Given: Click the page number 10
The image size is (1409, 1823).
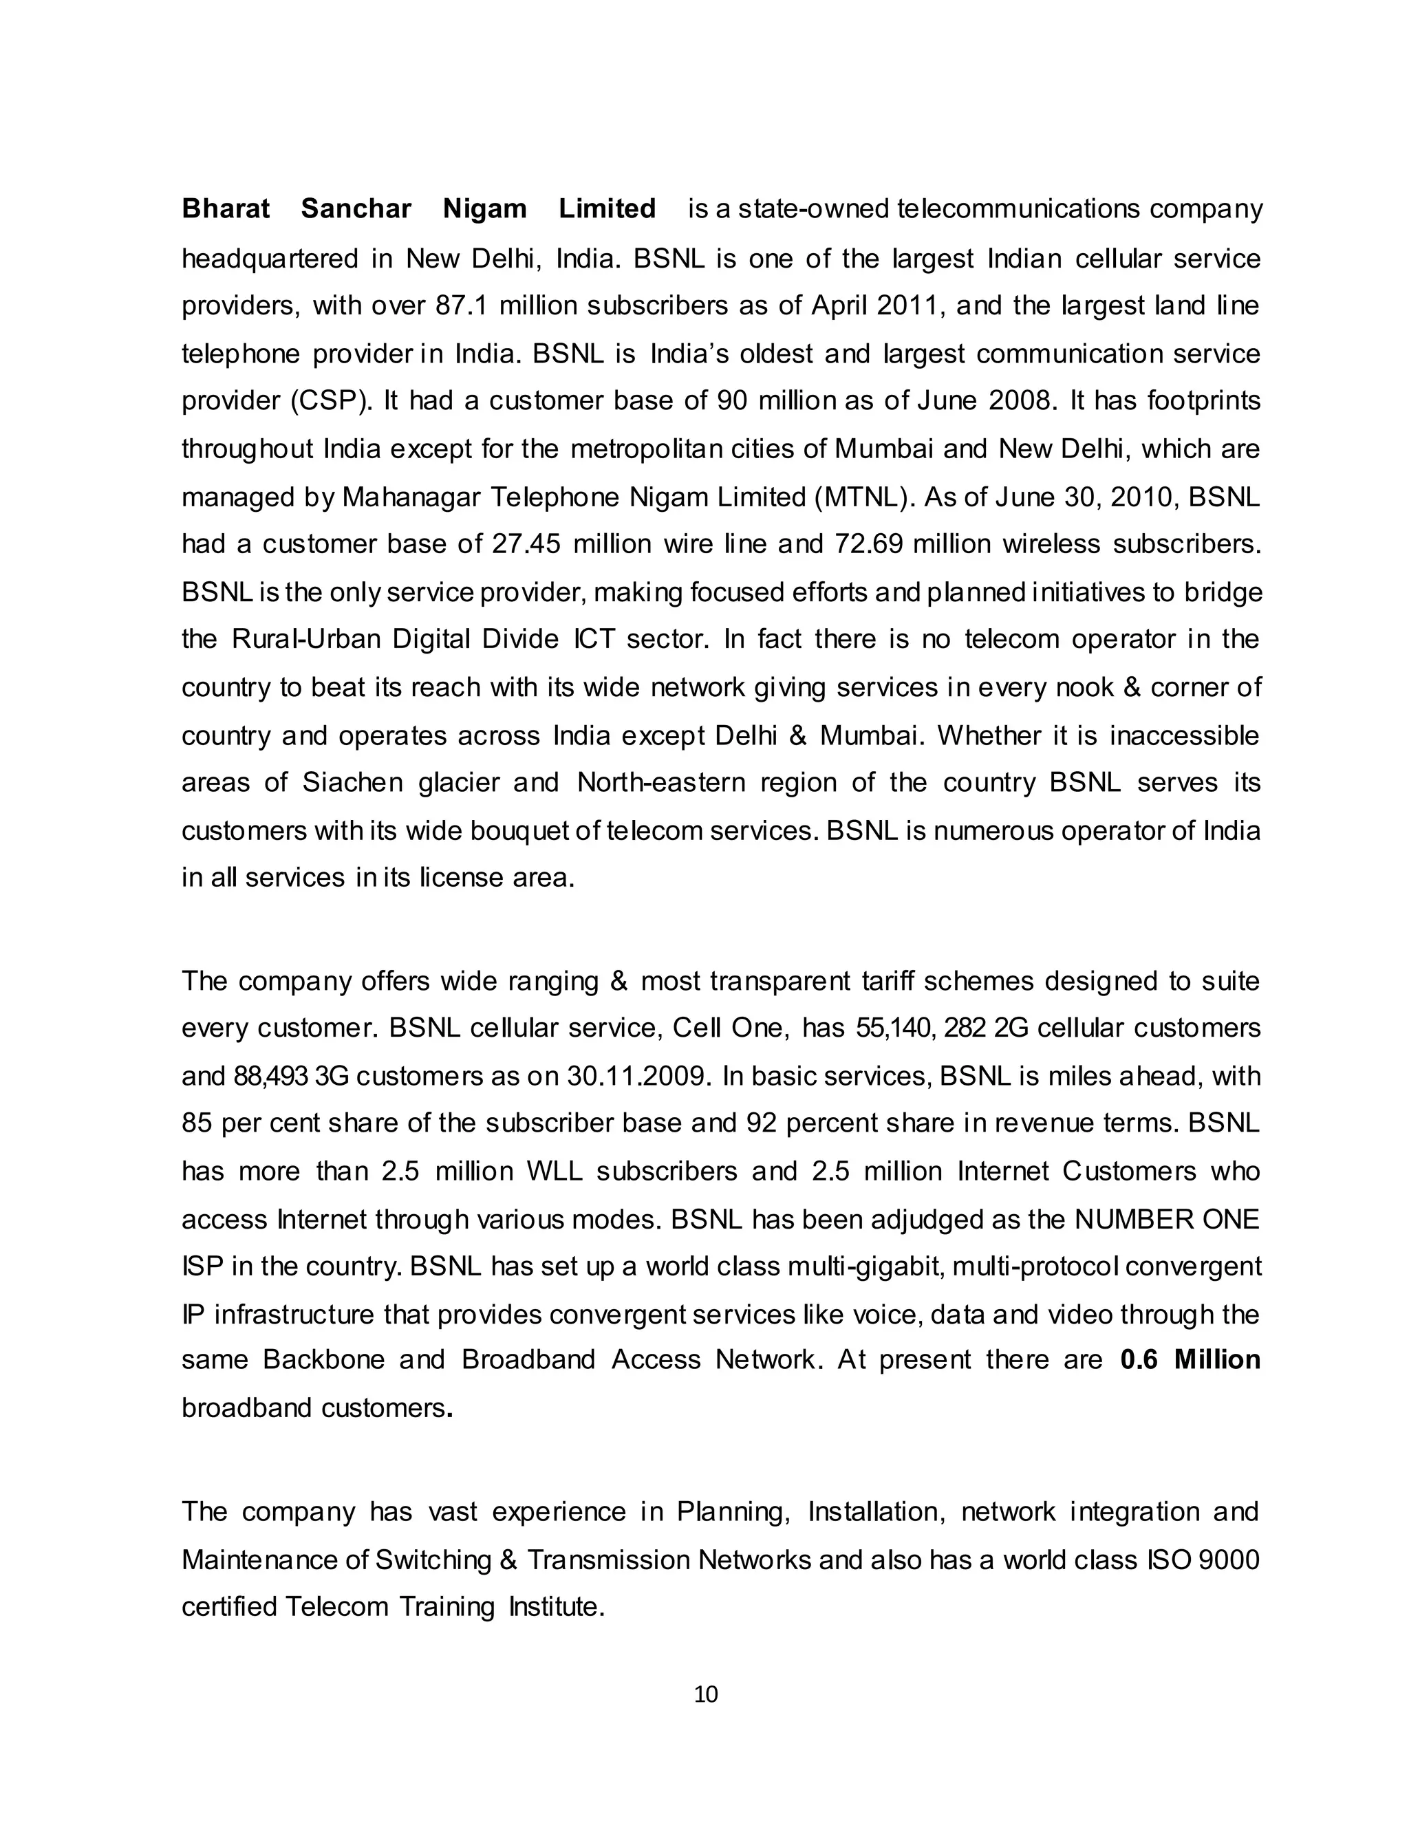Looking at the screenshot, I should (705, 1694).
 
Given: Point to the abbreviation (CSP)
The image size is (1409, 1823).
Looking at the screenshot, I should (332, 402).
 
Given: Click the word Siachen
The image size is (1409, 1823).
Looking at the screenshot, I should (352, 783).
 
